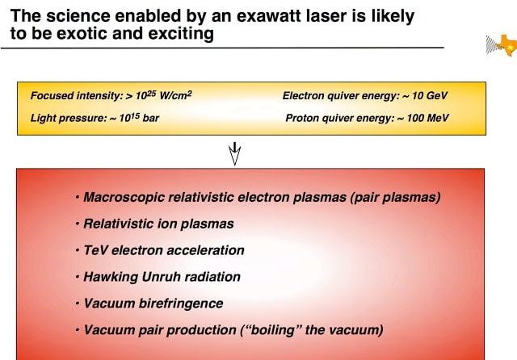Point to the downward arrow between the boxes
point(236,153)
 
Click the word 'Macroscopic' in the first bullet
point(122,198)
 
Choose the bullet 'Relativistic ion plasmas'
point(158,224)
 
